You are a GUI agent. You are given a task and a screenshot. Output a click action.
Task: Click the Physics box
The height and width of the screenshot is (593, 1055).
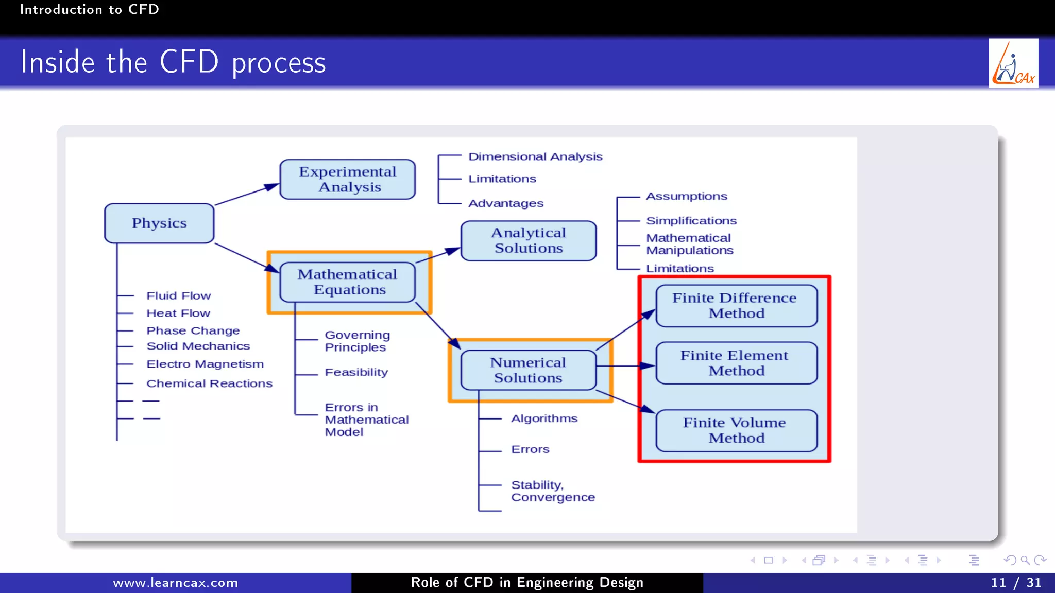point(159,223)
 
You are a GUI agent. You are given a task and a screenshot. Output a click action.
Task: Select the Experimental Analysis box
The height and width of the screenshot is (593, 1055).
point(348,179)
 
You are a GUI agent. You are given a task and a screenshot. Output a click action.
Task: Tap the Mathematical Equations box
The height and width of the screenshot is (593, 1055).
point(348,282)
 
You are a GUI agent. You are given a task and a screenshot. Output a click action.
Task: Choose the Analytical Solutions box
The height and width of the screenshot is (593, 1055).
point(529,240)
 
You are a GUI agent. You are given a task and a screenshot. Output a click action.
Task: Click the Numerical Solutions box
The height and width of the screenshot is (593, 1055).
point(529,370)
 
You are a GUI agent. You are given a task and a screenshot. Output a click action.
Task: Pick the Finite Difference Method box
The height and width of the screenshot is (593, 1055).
point(736,306)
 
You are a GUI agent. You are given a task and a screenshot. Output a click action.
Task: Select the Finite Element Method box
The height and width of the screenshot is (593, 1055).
point(736,363)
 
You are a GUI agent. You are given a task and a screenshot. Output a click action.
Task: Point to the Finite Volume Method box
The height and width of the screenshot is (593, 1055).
point(736,430)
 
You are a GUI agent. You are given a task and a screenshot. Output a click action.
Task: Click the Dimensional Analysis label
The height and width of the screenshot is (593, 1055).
point(535,156)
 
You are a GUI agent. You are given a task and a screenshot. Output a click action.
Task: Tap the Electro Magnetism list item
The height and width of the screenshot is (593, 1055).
point(205,364)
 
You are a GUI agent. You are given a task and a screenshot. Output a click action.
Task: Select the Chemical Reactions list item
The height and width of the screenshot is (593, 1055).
point(209,383)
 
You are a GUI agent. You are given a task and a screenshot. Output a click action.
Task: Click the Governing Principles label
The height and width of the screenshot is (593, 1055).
point(357,341)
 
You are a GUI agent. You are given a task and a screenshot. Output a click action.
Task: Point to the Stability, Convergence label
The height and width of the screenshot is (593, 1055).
point(552,491)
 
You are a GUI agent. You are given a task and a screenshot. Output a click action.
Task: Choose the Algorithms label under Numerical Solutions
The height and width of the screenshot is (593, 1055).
point(544,418)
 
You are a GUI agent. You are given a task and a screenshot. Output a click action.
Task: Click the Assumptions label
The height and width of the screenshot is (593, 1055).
point(686,196)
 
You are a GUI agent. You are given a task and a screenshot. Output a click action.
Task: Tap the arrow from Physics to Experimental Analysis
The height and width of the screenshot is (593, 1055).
point(246,195)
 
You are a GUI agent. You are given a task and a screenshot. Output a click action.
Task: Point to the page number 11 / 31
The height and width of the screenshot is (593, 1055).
point(1016,583)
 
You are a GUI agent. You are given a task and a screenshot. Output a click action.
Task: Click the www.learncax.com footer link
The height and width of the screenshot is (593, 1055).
point(176,583)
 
